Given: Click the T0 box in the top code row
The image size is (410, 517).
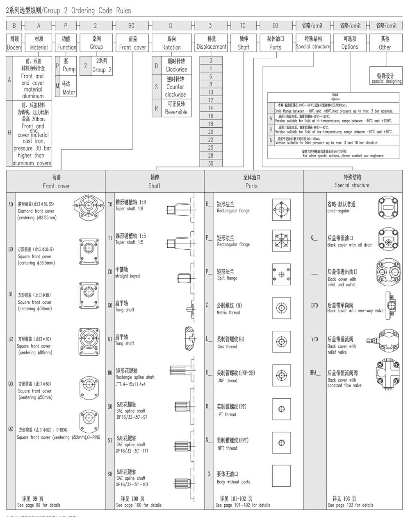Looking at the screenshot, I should click(243, 25).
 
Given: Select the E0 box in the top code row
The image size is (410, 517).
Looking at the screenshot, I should click(275, 25).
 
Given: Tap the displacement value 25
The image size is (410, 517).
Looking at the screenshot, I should click(211, 148).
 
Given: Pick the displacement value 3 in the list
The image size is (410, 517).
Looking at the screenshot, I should click(211, 61).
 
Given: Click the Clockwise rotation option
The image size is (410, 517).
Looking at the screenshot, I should click(176, 65).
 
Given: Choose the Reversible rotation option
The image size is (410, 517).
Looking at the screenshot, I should click(176, 108).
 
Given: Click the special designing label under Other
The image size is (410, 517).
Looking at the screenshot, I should click(385, 78).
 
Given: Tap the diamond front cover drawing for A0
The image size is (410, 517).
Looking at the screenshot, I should click(87, 205).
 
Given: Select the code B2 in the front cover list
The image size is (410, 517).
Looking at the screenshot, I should click(11, 339).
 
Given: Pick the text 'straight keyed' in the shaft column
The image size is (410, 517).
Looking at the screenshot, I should click(127, 276).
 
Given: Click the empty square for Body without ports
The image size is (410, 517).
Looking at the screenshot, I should click(281, 476).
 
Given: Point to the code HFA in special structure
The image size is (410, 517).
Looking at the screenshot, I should click(315, 373).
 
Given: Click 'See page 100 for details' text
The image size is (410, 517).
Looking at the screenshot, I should click(139, 505).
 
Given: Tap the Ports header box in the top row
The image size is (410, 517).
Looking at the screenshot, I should click(275, 43).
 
